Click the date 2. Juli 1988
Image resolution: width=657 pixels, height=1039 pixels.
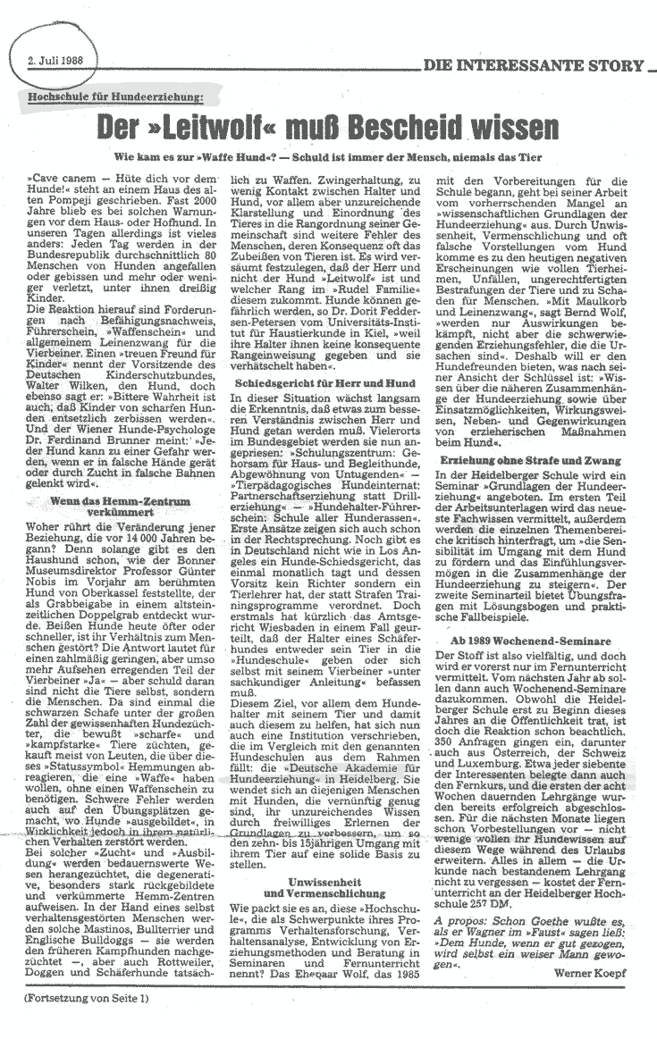(56, 62)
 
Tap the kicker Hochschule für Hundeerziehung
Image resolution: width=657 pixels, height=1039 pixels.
(117, 96)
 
